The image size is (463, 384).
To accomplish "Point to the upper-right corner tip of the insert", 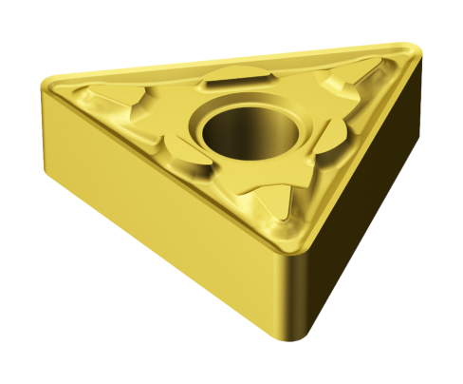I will (411, 48).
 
